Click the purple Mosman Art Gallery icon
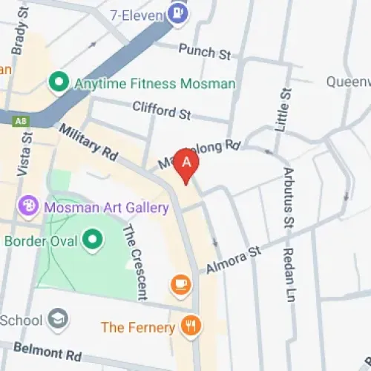(28, 207)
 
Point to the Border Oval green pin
(93, 240)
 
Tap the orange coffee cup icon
(180, 283)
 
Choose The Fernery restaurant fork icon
(191, 326)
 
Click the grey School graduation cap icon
(56, 319)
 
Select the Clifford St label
(162, 111)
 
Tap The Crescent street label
(134, 260)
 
